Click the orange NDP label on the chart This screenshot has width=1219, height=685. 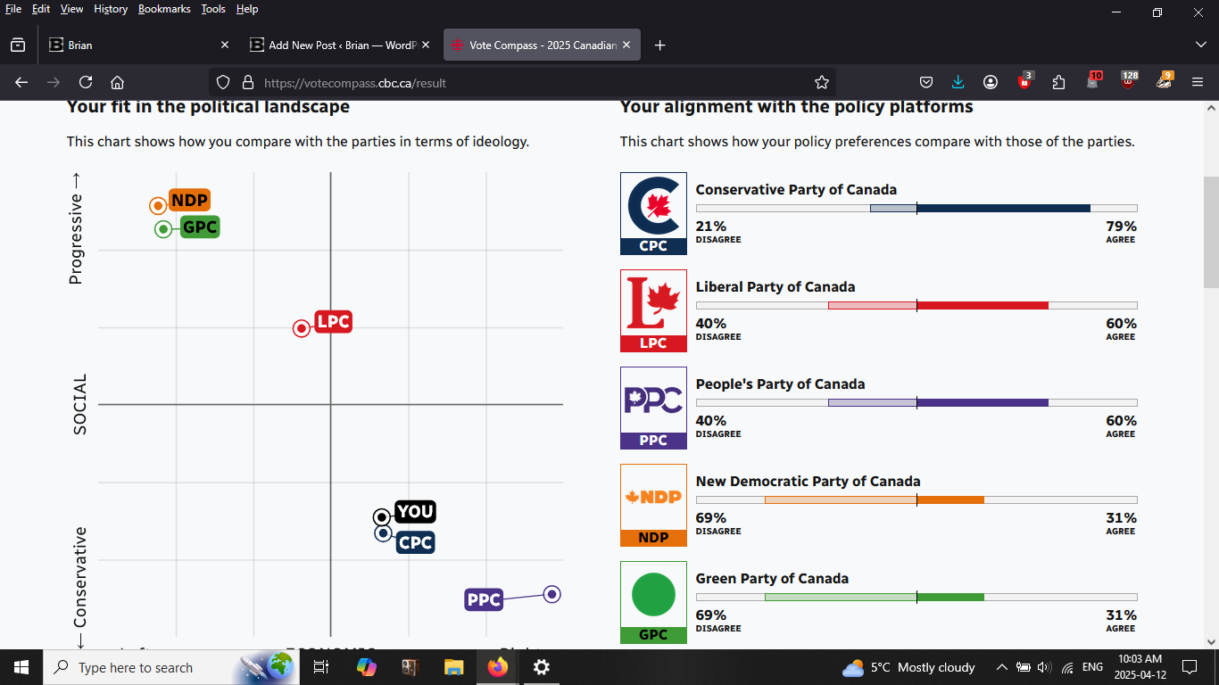pyautogui.click(x=189, y=201)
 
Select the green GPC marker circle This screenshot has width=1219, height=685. pyautogui.click(x=163, y=229)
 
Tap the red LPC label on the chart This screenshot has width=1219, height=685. pyautogui.click(x=334, y=322)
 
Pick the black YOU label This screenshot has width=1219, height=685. pyautogui.click(x=415, y=512)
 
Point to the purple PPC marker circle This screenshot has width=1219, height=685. pyautogui.click(x=552, y=594)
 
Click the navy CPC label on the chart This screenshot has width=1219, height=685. pyautogui.click(x=416, y=542)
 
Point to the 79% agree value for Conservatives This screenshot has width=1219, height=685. pyautogui.click(x=1121, y=227)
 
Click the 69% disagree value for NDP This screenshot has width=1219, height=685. pyautogui.click(x=711, y=518)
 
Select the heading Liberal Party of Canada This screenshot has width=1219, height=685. pyautogui.click(x=775, y=287)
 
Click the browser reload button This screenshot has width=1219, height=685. pyautogui.click(x=86, y=82)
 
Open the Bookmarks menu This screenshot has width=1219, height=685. pyautogui.click(x=164, y=9)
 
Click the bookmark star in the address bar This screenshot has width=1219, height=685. pyautogui.click(x=822, y=82)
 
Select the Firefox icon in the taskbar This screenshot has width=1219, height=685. pyautogui.click(x=497, y=667)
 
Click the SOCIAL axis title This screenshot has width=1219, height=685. pyautogui.click(x=80, y=404)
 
